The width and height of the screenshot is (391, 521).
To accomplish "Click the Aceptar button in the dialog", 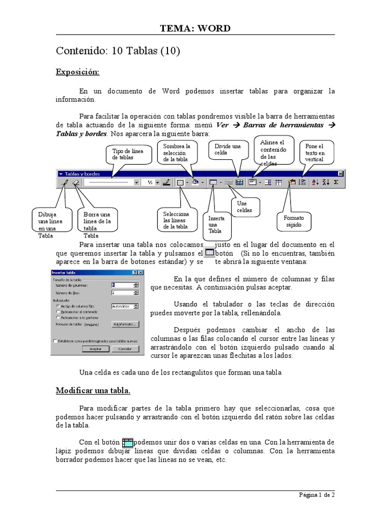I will click(95, 349).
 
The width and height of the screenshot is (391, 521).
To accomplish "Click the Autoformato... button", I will click(125, 324).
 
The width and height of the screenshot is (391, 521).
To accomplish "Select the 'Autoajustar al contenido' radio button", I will click(58, 311).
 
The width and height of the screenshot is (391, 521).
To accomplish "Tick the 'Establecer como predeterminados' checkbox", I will click(54, 341).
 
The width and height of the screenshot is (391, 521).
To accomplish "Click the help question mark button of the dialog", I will click(135, 273).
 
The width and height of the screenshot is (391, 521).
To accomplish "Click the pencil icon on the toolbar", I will click(64, 182).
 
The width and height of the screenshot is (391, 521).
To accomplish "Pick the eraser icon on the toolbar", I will click(75, 182).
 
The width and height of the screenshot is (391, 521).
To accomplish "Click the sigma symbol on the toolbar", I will click(336, 182).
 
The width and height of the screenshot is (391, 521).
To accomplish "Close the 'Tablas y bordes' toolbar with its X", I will click(341, 173).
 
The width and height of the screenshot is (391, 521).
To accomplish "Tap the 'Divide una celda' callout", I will click(228, 150).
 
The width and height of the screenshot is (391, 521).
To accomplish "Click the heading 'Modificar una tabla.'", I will click(93, 391).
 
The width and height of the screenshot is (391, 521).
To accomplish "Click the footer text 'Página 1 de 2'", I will click(316, 495).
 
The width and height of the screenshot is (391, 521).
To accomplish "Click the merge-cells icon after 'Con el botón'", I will click(127, 443).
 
